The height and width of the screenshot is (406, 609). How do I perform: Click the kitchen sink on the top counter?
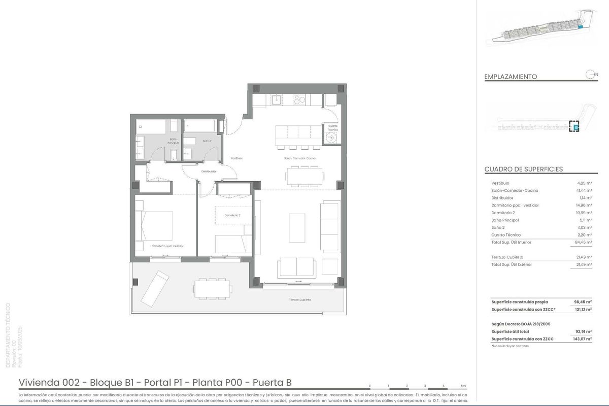point(277,99)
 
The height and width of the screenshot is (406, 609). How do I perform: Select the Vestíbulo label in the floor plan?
point(236,158)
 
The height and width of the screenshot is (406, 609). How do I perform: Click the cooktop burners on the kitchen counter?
point(299,100)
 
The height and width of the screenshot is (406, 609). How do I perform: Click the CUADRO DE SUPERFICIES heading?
point(523,170)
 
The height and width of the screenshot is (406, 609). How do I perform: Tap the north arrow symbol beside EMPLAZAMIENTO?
point(590,75)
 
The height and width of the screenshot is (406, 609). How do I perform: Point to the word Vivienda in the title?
point(36,383)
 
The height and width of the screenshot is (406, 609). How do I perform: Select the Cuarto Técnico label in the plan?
point(333,127)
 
